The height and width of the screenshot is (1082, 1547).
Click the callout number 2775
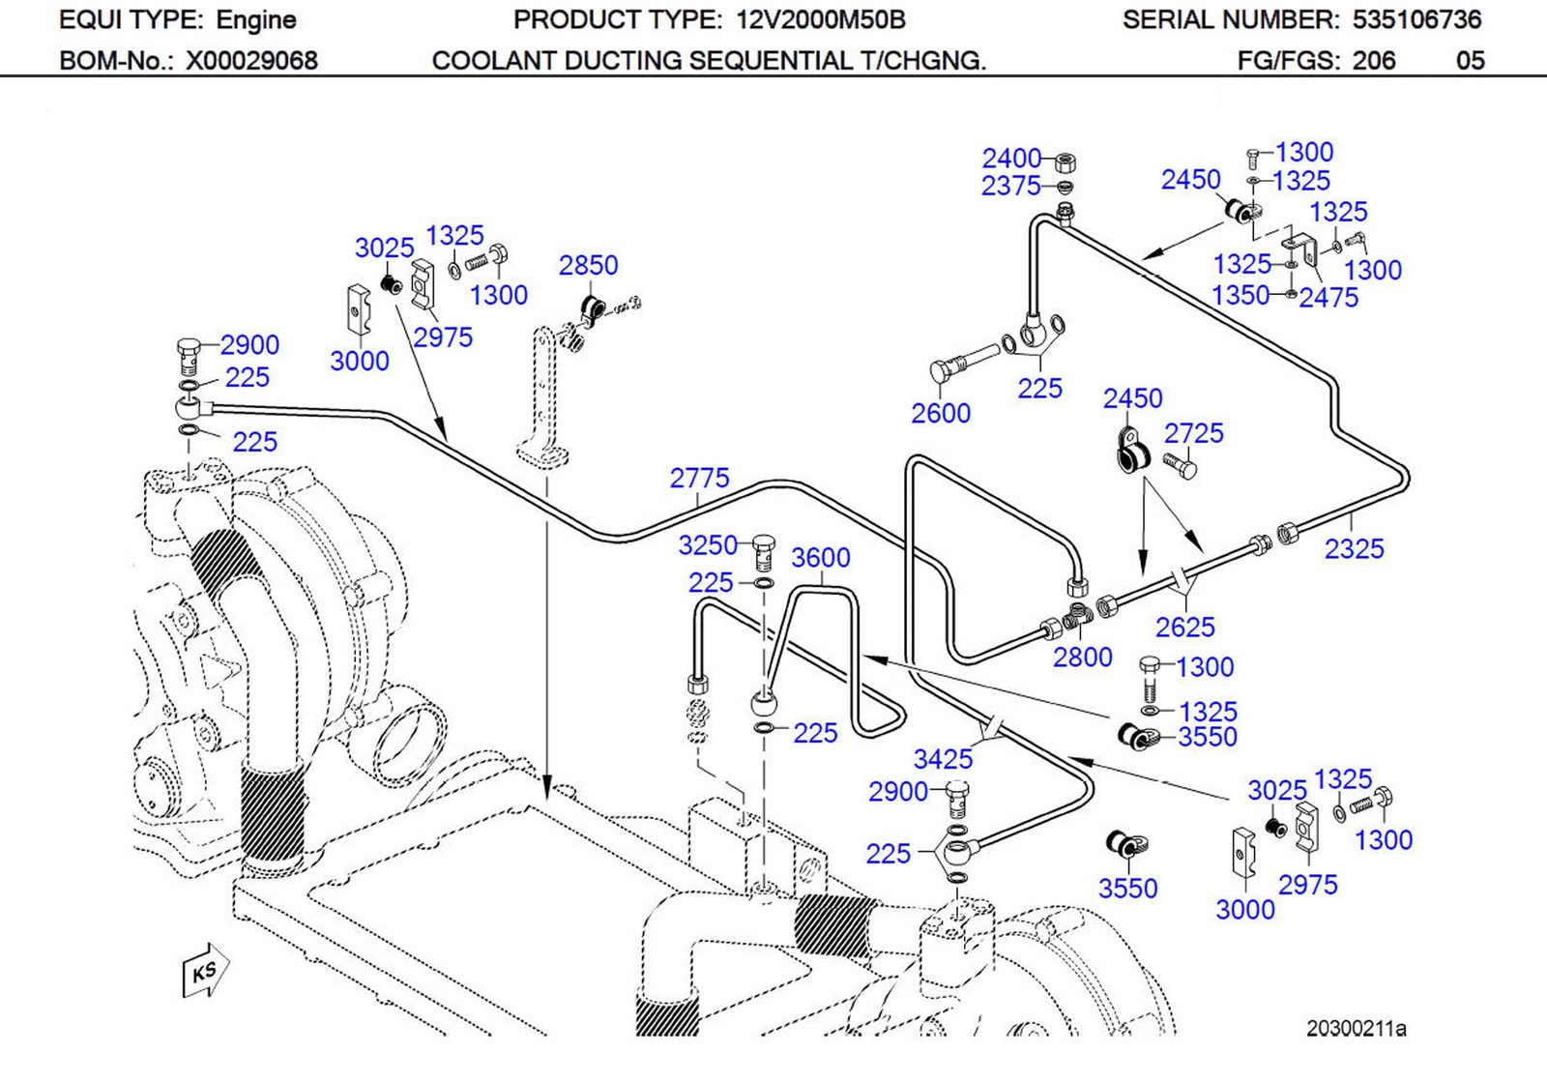699,478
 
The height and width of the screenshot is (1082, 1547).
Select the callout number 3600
820,558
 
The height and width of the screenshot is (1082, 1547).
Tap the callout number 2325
1354,549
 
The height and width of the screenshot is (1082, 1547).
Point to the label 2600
940,414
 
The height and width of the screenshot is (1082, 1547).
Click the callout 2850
588,265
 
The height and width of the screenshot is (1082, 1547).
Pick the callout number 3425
943,759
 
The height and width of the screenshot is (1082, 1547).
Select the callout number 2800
1082,658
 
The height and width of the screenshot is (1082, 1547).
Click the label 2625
1184,628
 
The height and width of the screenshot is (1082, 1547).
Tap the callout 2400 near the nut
1011,158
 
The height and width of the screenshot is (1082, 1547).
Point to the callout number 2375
1010,186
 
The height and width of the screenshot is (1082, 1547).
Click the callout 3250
708,545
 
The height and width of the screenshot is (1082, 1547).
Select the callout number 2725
1193,433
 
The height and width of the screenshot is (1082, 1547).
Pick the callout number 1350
1241,295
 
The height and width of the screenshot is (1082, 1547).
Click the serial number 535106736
1416,19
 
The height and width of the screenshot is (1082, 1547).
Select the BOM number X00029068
251,61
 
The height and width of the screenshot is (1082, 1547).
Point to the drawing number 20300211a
1356,1028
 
